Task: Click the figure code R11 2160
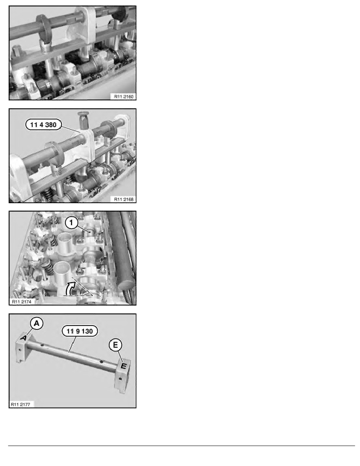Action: pyautogui.click(x=124, y=96)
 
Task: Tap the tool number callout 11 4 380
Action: pyautogui.click(x=44, y=124)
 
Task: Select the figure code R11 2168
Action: pyautogui.click(x=124, y=199)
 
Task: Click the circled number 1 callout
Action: pyautogui.click(x=71, y=222)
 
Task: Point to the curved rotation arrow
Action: pyautogui.click(x=70, y=288)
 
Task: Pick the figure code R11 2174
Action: pyautogui.click(x=21, y=301)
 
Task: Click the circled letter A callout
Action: pyautogui.click(x=36, y=323)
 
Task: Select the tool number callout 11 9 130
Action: pyautogui.click(x=80, y=331)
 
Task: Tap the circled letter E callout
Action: pyautogui.click(x=116, y=345)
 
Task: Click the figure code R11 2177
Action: pyautogui.click(x=20, y=404)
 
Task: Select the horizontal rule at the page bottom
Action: pyautogui.click(x=182, y=446)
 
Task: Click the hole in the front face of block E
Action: pyautogui.click(x=120, y=379)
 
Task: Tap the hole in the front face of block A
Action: pyautogui.click(x=20, y=350)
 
